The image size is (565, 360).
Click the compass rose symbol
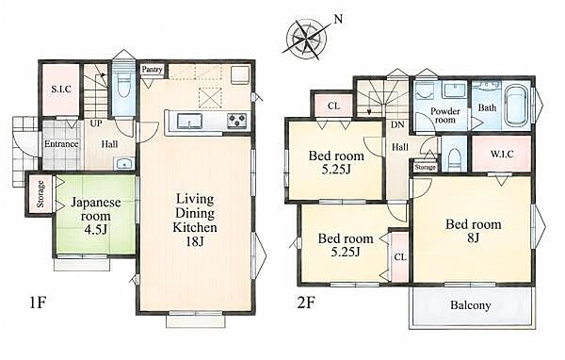pos(306,38)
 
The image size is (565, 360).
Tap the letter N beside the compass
pos(338,19)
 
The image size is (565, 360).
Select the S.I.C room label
pos(61,90)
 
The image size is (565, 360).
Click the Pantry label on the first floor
pos(152,69)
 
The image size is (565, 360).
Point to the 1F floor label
pos(38,303)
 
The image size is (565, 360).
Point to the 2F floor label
pos(306,303)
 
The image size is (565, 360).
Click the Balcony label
pos(471,305)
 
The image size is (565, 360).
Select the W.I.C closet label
pos(502,154)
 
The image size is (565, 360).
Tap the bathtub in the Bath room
pos(517,106)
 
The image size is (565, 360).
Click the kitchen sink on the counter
pos(190,120)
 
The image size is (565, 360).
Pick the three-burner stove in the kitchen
pos(236,120)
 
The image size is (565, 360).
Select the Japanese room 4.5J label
pos(95,216)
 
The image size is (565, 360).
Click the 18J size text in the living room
pos(195,241)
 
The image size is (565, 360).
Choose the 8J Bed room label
pos(473,231)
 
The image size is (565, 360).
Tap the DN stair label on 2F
pos(397,124)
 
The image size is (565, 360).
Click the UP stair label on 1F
pos(96,123)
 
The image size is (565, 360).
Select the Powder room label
pos(445,115)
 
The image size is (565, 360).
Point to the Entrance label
pos(61,144)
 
